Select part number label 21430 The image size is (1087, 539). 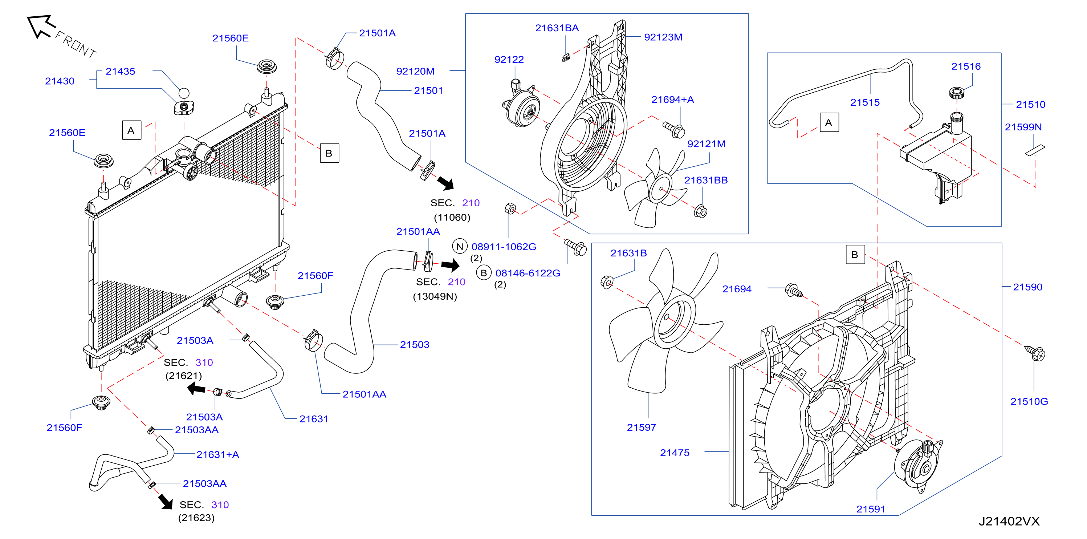click(60, 81)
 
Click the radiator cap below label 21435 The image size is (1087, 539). click(184, 107)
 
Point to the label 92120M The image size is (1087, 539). click(415, 71)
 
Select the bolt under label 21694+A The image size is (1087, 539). click(674, 130)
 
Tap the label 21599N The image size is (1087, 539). click(1023, 127)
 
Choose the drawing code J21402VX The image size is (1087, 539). click(1009, 522)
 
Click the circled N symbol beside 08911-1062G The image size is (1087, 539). click(460, 247)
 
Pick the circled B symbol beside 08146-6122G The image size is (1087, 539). click(484, 273)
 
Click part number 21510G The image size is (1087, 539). click(1029, 401)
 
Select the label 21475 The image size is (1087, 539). click(675, 453)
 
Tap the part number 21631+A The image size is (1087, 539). click(218, 455)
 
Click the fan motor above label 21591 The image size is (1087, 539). click(918, 466)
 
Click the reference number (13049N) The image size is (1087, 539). click(435, 296)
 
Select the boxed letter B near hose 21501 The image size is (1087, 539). click(329, 153)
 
